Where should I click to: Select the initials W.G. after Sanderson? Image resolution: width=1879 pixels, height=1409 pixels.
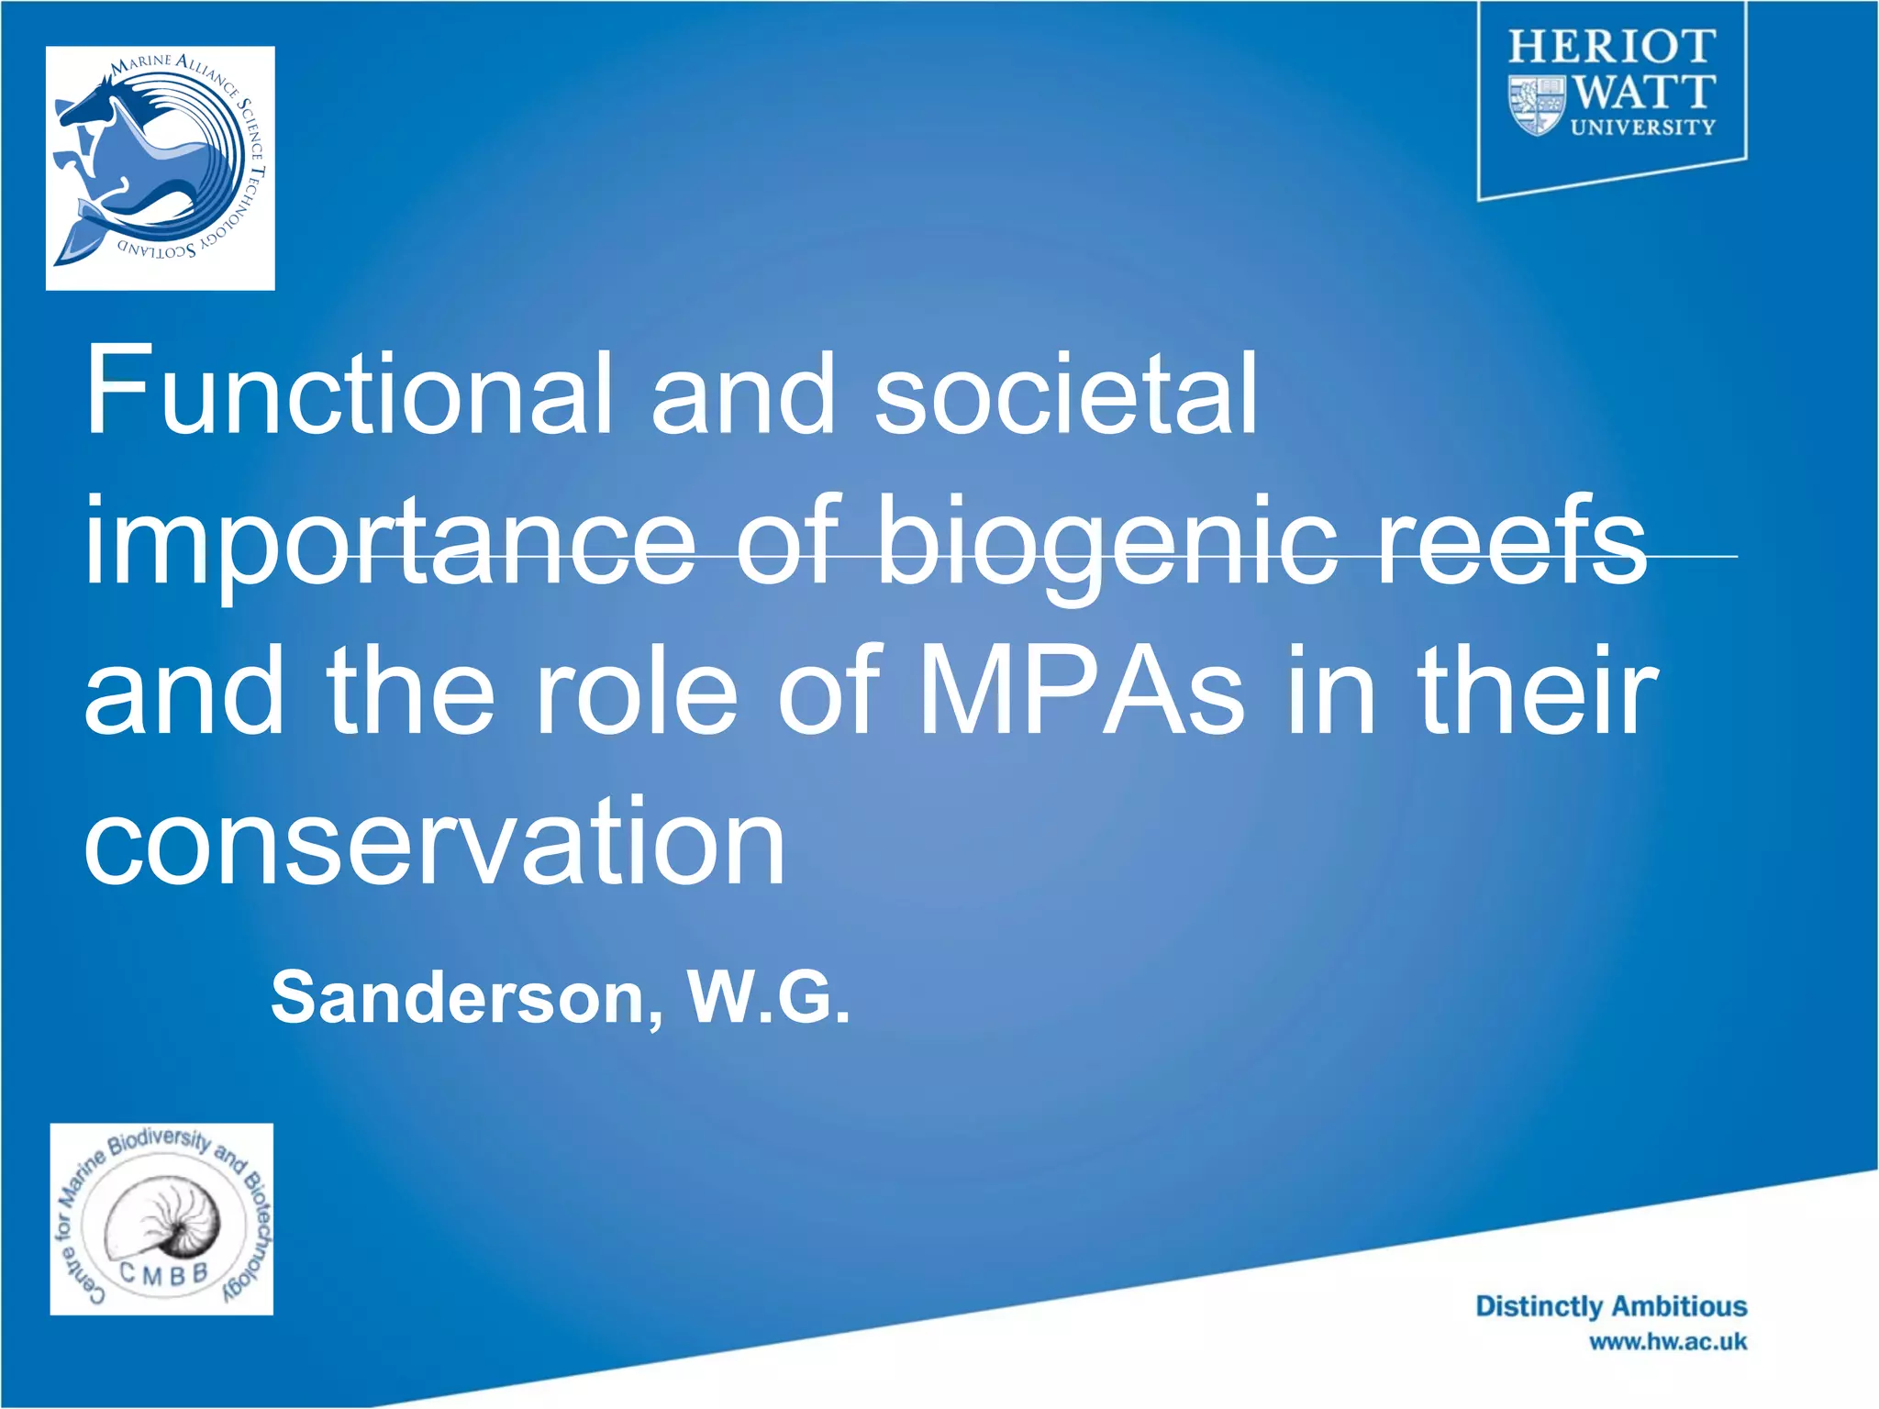(x=769, y=998)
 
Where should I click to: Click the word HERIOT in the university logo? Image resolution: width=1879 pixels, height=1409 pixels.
(x=1612, y=46)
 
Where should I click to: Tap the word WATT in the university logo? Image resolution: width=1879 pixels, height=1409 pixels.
(x=1643, y=92)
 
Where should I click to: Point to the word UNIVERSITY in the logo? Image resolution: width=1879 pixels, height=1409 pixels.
(x=1642, y=128)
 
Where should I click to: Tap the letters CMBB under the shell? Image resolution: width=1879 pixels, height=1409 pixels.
(x=163, y=1274)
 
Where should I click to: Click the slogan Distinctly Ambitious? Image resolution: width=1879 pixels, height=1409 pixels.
(x=1611, y=1306)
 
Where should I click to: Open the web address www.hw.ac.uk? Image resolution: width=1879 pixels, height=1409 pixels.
(x=1668, y=1342)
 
